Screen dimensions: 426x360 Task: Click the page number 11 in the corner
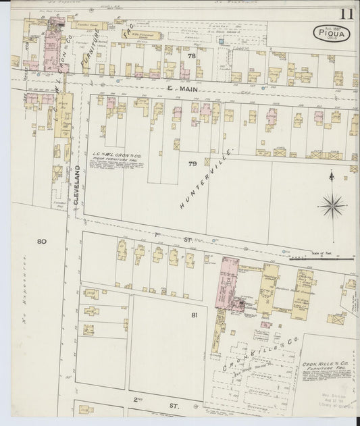[346, 14]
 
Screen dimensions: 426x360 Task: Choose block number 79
[192, 164]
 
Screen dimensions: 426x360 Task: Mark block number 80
[41, 241]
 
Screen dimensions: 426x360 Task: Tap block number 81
[195, 315]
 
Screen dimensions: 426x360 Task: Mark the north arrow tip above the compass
[332, 176]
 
